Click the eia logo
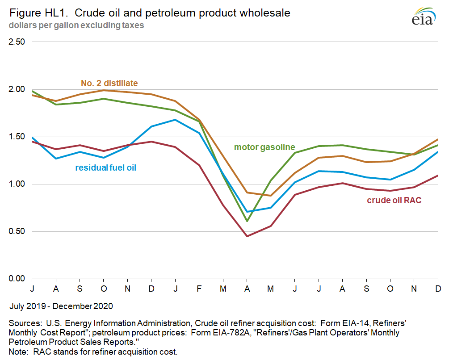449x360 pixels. pyautogui.click(x=422, y=17)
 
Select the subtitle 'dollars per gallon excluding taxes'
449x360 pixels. pyautogui.click(x=76, y=25)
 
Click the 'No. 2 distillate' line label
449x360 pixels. pyautogui.click(x=109, y=83)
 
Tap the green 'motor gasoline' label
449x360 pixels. pyautogui.click(x=264, y=147)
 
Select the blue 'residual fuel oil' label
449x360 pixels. pyautogui.click(x=105, y=168)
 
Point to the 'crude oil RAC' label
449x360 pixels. pyautogui.click(x=394, y=201)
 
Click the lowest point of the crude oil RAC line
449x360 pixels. pyautogui.click(x=247, y=236)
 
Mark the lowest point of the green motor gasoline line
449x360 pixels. pyautogui.click(x=247, y=221)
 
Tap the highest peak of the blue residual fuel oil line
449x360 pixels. pyautogui.click(x=175, y=120)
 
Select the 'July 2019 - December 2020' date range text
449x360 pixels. pyautogui.click(x=61, y=306)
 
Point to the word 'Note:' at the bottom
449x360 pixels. pyautogui.click(x=19, y=352)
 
